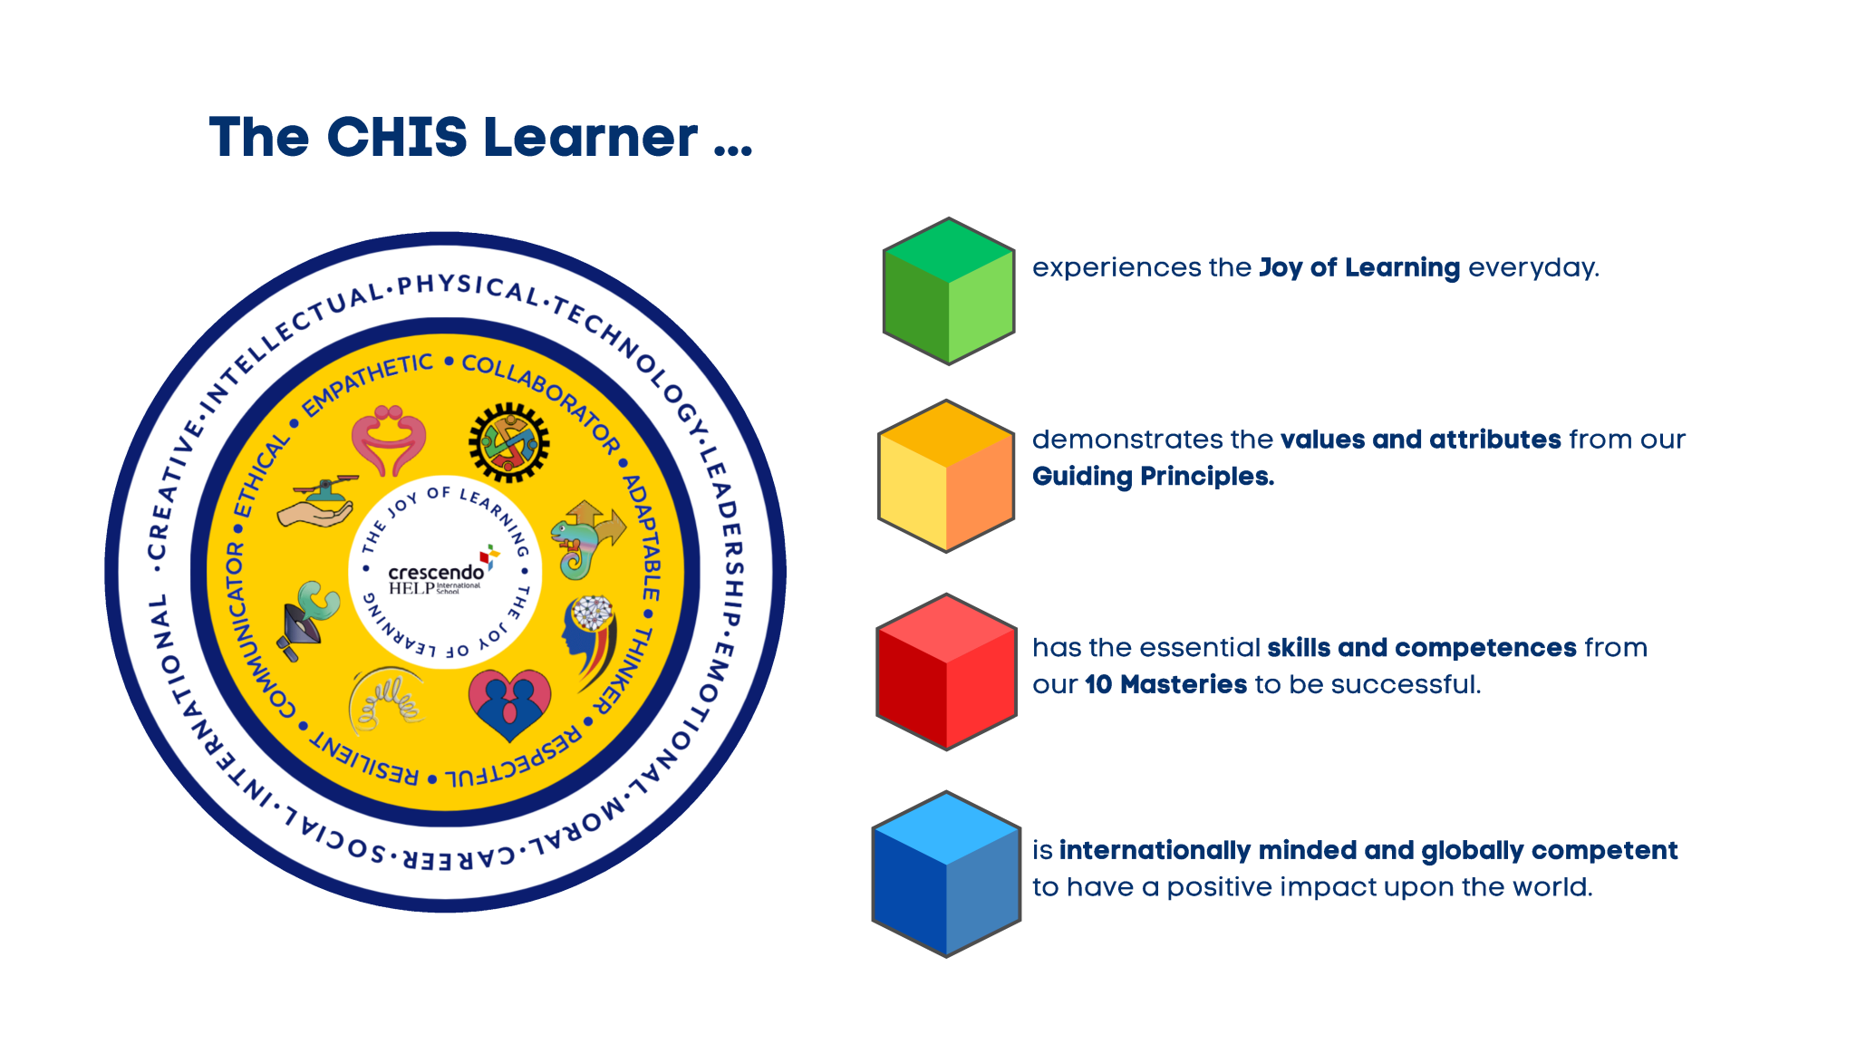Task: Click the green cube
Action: coord(948,291)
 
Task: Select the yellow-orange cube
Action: coord(946,476)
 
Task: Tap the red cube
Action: coord(946,672)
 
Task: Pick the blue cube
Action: coord(946,874)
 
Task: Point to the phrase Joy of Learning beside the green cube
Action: coord(1358,268)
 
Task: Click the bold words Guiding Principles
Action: coord(1153,477)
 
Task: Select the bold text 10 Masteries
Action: coord(1165,684)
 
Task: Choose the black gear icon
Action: coord(508,443)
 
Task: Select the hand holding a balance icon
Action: coord(318,503)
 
